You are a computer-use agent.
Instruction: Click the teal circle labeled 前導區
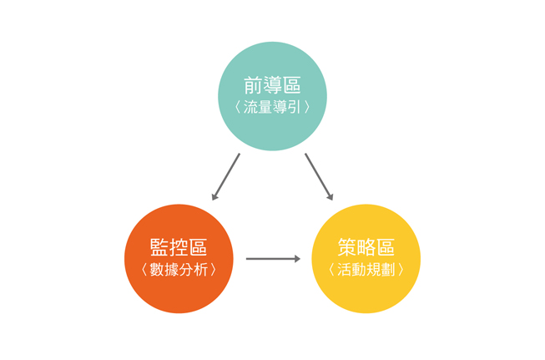[272, 96]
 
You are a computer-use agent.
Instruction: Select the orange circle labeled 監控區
[179, 258]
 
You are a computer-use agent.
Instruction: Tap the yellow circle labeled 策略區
[366, 258]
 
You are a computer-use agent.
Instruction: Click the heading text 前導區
[272, 85]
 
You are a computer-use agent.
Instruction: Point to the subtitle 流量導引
[272, 107]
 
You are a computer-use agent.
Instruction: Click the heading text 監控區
[179, 247]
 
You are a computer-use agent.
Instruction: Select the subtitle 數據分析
[179, 270]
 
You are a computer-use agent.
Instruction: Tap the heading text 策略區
[366, 247]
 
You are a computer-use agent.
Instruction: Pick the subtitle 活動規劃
[366, 270]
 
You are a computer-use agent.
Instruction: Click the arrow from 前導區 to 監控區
[225, 177]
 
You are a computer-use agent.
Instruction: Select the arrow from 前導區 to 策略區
[319, 177]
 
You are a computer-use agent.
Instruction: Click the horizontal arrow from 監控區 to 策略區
[273, 259]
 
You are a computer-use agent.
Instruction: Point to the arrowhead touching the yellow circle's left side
[297, 259]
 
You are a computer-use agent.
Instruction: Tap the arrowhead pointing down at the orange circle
[214, 197]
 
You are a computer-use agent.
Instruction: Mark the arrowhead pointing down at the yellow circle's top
[331, 197]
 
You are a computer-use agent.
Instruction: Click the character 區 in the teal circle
[292, 85]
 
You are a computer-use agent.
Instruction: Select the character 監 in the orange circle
[159, 247]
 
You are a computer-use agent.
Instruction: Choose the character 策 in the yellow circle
[347, 247]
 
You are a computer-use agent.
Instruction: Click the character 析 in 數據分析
[200, 270]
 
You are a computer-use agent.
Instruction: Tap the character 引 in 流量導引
[294, 107]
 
